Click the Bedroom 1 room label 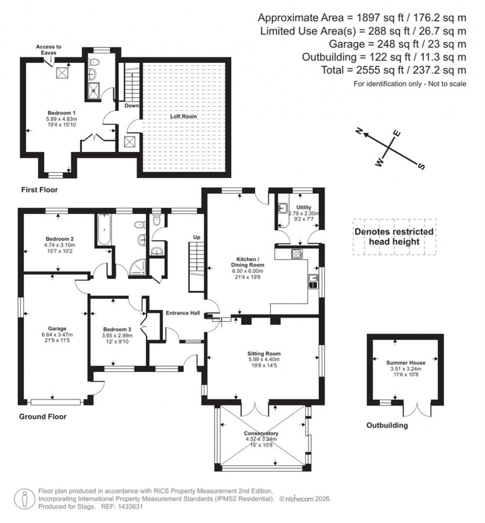pos(59,112)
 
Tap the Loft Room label pos(184,116)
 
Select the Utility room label pos(303,207)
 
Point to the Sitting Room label pos(264,353)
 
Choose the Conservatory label pos(261,433)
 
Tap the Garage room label pos(57,328)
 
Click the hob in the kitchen pos(297,253)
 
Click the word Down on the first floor pos(132,106)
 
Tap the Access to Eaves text pos(49,50)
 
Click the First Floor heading pos(39,190)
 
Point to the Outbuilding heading pos(387,425)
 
